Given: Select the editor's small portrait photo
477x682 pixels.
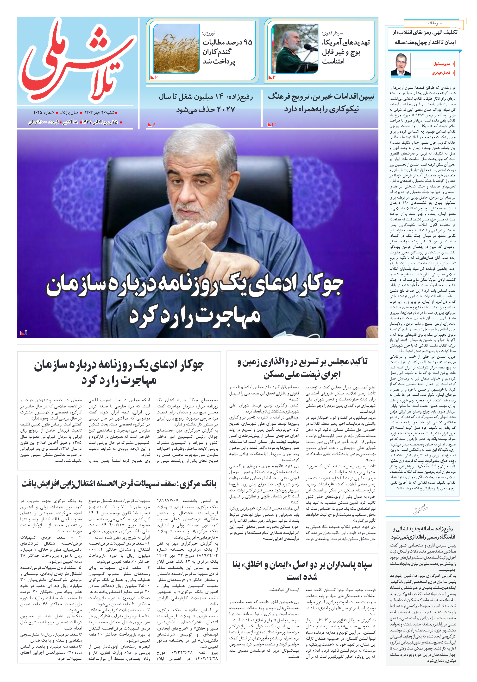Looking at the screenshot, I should click(400, 64).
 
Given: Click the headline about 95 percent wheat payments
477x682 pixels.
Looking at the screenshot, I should click(227, 52).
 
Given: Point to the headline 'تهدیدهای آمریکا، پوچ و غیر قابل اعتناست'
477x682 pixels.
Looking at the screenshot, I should click(345, 52).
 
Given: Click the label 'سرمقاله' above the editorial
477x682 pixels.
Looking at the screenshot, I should click(434, 23).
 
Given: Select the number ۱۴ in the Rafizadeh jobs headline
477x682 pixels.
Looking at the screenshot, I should click(219, 97).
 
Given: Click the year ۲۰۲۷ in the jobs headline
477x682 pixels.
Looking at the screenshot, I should click(226, 109).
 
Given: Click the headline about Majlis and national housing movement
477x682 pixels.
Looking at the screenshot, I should click(302, 368).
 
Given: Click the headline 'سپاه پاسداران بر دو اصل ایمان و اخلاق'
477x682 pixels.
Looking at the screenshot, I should click(302, 570).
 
